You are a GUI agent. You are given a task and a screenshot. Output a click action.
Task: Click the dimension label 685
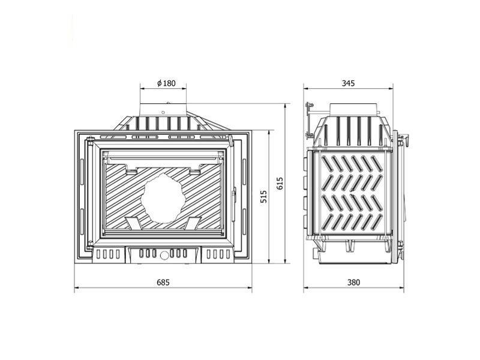point(163,282)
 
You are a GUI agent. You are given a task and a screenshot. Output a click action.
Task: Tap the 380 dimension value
point(353,282)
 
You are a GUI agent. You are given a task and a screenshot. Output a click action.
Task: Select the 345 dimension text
point(348,83)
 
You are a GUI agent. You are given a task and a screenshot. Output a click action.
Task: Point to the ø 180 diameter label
point(167,83)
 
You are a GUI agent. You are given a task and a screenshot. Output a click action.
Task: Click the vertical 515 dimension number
point(264,196)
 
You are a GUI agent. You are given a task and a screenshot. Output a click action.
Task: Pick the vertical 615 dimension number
point(280,184)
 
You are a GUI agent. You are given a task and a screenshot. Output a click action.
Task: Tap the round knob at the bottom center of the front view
point(164,254)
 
